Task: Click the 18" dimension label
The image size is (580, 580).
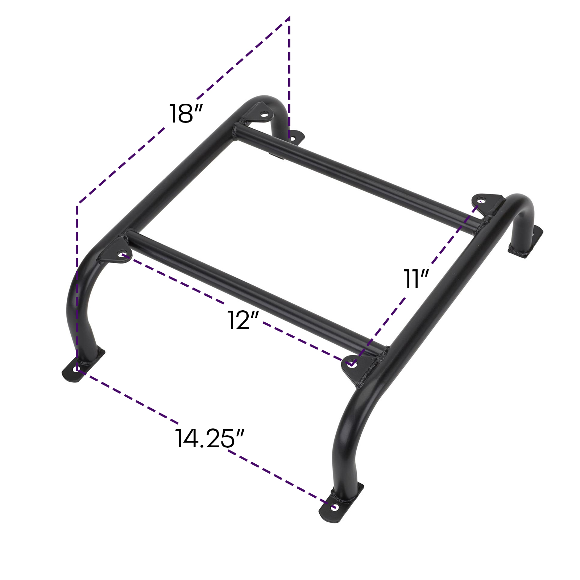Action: click(x=185, y=113)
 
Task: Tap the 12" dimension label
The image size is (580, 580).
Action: click(x=243, y=320)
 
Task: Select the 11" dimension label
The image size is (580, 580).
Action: click(x=416, y=279)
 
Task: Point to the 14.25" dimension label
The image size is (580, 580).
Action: click(x=210, y=438)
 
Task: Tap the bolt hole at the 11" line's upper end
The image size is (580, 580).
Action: click(x=481, y=200)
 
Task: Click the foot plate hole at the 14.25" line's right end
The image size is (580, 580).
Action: click(x=334, y=507)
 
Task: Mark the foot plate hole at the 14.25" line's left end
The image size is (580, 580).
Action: click(x=76, y=369)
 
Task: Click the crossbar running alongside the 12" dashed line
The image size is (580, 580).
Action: click(x=254, y=286)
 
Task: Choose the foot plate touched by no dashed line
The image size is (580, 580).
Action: click(x=527, y=245)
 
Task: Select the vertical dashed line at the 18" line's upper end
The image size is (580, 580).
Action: click(x=289, y=72)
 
